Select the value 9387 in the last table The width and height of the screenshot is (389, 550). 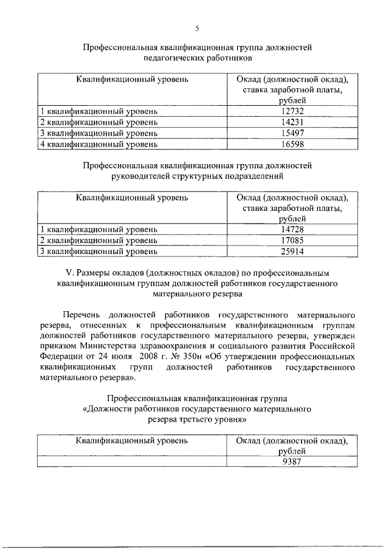click(x=292, y=461)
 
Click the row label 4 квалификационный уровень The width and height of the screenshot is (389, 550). click(x=98, y=145)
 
